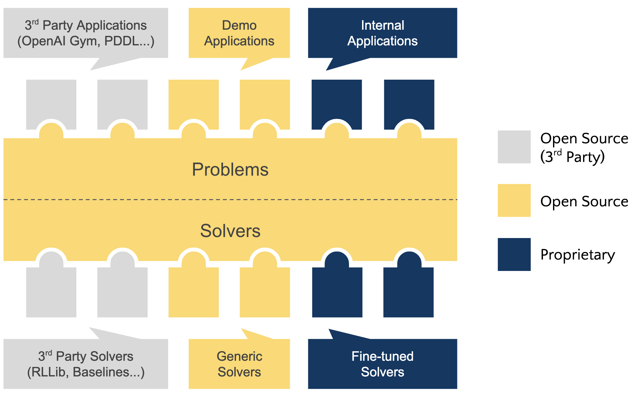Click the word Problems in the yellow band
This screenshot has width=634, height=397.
[230, 169]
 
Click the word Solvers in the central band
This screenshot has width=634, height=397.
[230, 231]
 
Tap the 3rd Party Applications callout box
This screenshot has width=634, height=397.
[86, 33]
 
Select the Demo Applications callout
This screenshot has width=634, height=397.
[239, 33]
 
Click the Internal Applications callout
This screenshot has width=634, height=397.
[382, 33]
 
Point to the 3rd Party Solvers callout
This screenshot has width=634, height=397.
[86, 364]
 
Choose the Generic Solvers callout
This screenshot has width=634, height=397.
[239, 364]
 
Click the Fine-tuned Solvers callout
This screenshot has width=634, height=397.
[382, 364]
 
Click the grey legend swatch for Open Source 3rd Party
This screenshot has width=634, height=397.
[514, 147]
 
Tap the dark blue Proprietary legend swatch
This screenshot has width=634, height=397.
[514, 254]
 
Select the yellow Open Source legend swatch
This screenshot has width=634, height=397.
[514, 200]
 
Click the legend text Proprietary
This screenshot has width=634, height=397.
[577, 255]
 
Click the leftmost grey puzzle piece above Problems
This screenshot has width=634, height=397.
[51, 101]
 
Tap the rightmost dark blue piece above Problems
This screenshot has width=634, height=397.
[409, 101]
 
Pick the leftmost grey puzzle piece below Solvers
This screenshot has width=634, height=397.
[51, 294]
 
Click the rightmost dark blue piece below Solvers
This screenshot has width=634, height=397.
[408, 294]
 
